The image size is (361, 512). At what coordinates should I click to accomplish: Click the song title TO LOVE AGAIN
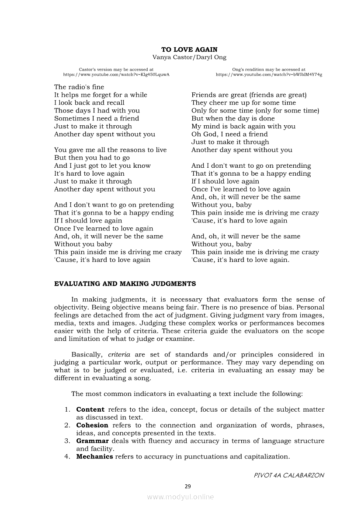pos(189,50)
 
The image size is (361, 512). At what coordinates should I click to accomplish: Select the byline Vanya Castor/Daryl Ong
pos(189,57)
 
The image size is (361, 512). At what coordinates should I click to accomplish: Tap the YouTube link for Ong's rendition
pos(269,75)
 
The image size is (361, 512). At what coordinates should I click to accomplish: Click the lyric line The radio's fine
pos(79,87)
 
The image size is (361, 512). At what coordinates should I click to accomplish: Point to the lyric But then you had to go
pos(92,158)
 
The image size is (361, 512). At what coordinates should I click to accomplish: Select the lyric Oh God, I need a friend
pos(229,134)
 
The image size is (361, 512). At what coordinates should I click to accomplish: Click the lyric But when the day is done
pos(233,119)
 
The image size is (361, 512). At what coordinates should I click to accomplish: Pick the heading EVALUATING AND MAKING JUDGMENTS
pos(125,284)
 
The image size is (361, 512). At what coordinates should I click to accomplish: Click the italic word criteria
pos(119,354)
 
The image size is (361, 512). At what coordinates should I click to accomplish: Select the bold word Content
pos(90,410)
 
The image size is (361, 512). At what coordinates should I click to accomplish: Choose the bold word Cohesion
pos(92,425)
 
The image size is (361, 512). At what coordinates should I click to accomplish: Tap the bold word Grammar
pos(92,441)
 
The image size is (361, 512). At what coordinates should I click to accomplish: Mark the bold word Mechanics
pos(94,457)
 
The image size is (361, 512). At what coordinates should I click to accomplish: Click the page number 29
pos(188,486)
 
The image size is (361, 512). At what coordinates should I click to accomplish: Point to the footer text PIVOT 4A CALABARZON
pos(289,475)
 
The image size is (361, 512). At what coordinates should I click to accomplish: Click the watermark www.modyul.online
pos(180,497)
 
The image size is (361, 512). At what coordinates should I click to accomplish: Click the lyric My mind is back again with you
pos(243,127)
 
